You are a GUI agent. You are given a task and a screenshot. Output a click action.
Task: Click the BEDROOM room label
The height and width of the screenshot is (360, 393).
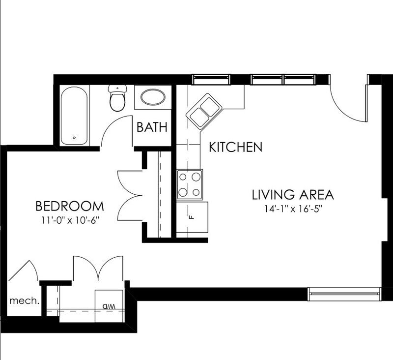click(69, 206)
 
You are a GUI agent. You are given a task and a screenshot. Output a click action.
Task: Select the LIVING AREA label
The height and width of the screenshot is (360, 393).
click(293, 194)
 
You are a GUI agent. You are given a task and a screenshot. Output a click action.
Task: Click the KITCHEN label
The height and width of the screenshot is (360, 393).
click(235, 147)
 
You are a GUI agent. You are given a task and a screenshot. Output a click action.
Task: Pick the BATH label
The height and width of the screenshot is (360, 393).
click(152, 127)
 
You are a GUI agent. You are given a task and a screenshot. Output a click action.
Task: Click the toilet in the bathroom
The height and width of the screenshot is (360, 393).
click(117, 98)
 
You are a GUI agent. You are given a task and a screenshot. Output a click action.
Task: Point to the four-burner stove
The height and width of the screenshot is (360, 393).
click(190, 184)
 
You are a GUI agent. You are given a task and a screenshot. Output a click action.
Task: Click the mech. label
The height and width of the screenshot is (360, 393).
click(24, 300)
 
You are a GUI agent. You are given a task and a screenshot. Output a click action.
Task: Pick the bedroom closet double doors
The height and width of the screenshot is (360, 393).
click(129, 195)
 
